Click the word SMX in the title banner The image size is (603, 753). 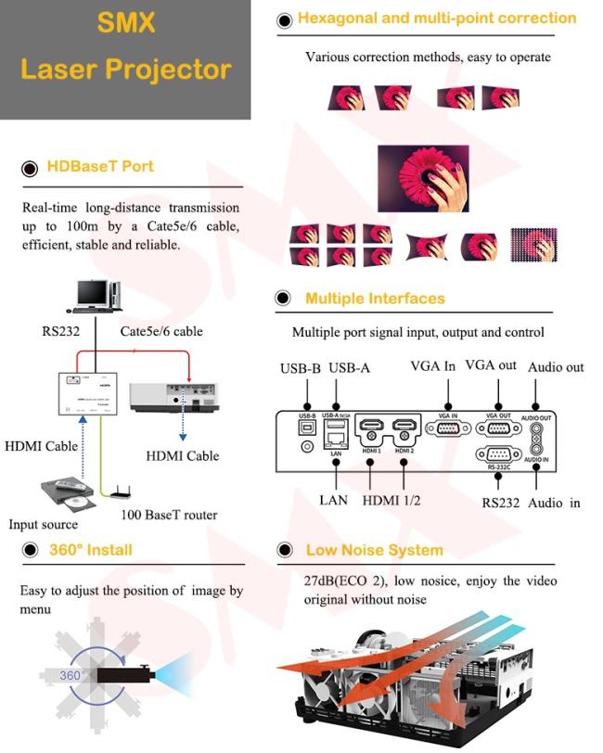point(125,22)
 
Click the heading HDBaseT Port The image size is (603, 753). point(100,167)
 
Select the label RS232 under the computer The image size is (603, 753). point(60,330)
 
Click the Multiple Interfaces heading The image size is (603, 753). point(375,299)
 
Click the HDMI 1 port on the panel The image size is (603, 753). point(370,428)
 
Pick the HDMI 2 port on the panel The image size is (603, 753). point(404,428)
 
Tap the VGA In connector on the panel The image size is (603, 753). point(447,428)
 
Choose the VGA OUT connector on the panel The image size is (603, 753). point(497,428)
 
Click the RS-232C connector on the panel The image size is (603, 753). point(497,455)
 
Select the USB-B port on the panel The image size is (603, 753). point(307,428)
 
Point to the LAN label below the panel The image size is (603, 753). point(333,500)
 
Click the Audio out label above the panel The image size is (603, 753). point(556,367)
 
